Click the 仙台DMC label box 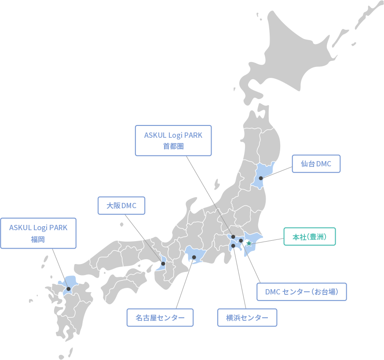(x=316, y=164)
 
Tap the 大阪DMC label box (x=121, y=206)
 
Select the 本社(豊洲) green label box (x=310, y=237)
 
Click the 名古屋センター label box (x=160, y=317)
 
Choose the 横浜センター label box (x=247, y=317)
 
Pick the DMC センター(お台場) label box (x=302, y=292)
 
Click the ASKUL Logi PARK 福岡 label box (x=38, y=233)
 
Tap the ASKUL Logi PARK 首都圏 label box (x=173, y=140)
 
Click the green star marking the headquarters (x=249, y=243)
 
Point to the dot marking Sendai (x=261, y=178)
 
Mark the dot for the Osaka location (x=163, y=264)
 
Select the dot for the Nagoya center (x=194, y=257)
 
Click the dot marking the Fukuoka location (x=68, y=289)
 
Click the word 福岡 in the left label (x=38, y=239)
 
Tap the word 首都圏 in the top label (x=173, y=147)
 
